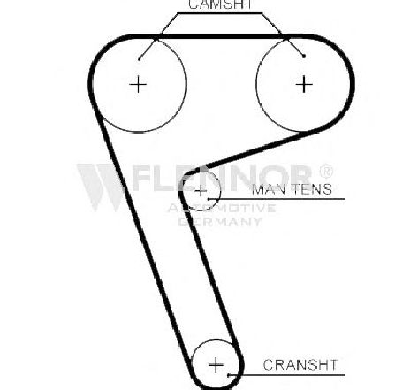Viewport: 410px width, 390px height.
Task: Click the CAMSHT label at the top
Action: pos(220,4)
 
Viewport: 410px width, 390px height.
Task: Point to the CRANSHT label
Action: pos(300,365)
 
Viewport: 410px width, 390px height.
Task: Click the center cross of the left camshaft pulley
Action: pos(138,85)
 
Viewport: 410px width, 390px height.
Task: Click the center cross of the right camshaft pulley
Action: pos(304,84)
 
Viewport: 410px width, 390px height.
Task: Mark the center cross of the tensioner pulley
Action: pos(201,191)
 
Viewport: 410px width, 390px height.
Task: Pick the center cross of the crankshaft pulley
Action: pos(216,365)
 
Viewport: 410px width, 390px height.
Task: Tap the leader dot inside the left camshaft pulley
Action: pos(140,59)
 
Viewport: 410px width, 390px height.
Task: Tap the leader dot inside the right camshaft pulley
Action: pos(304,56)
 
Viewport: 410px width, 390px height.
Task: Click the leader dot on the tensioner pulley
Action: pos(209,199)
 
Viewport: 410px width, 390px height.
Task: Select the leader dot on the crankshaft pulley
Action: pos(228,375)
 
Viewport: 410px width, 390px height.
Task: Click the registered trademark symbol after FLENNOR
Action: pos(326,171)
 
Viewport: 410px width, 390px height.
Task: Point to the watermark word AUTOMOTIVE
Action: pos(222,208)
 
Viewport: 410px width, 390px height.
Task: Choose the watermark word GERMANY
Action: pos(220,221)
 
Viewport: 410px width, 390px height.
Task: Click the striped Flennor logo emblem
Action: pos(100,187)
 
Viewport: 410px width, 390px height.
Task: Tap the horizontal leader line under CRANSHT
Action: pos(286,375)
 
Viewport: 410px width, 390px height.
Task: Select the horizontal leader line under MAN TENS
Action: pos(277,199)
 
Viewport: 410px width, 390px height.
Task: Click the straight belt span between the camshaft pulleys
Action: pos(220,37)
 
